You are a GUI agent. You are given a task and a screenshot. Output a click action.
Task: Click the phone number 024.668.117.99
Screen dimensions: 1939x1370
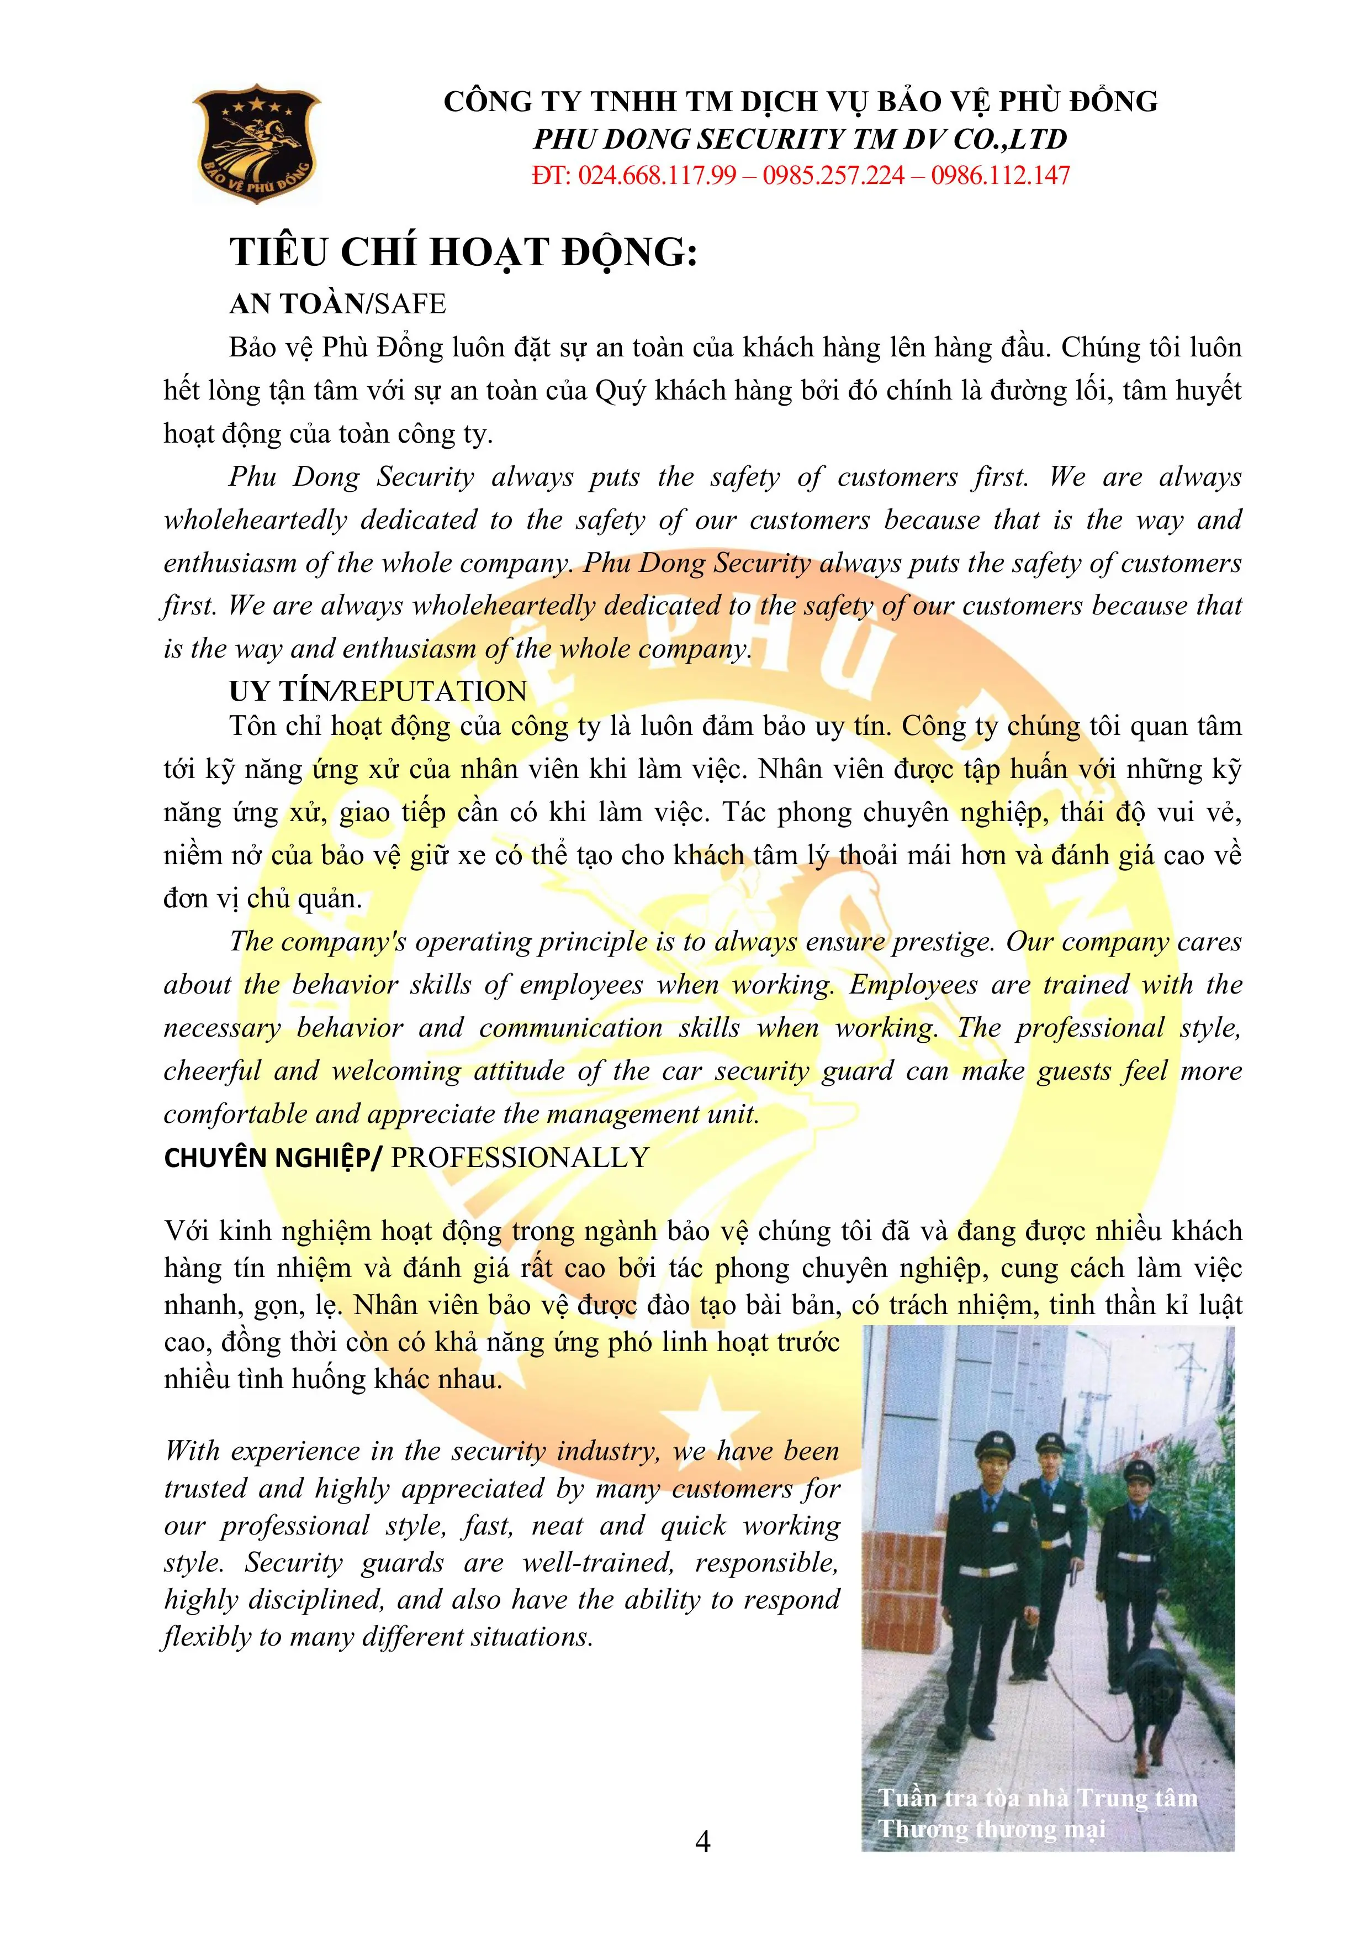tap(657, 176)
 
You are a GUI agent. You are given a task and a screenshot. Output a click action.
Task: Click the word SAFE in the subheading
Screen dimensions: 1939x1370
tap(410, 304)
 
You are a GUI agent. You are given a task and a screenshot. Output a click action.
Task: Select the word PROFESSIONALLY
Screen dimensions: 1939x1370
tap(520, 1157)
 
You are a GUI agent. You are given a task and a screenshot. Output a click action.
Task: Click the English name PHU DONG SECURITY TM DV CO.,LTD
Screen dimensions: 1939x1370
tap(800, 139)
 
